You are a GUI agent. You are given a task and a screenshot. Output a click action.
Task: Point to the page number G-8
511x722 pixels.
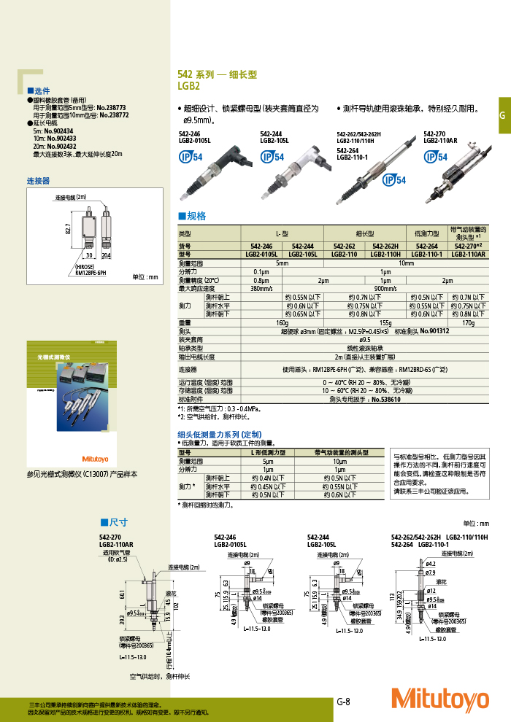coord(344,702)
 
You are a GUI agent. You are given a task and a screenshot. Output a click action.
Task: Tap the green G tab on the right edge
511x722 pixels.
coord(502,116)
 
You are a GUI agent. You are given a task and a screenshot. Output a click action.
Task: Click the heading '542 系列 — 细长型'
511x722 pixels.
coord(218,74)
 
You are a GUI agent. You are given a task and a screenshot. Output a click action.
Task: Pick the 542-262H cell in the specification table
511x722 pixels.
coord(386,247)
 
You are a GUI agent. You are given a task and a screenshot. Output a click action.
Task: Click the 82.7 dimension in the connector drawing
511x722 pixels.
coord(66,229)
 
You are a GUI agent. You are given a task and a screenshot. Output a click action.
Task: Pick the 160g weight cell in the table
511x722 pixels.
coord(282,322)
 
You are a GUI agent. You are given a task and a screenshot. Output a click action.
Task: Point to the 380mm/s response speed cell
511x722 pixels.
coord(261,289)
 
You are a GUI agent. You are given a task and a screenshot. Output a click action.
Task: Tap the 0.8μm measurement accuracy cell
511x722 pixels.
coord(261,280)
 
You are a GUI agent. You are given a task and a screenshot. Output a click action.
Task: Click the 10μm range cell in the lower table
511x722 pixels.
coord(339,462)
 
